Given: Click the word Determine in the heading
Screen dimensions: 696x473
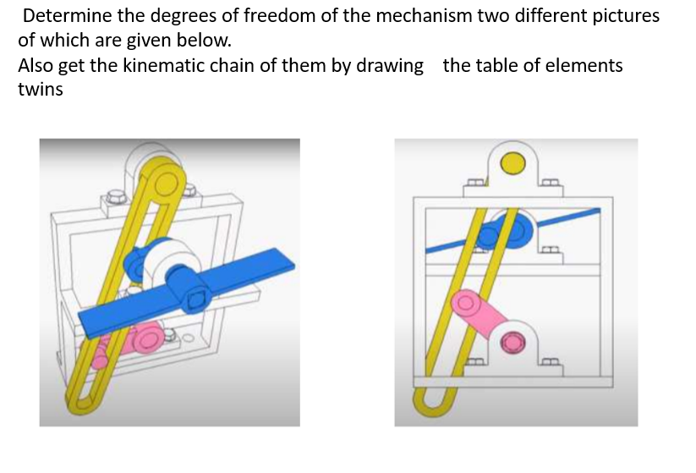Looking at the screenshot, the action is (x=68, y=16).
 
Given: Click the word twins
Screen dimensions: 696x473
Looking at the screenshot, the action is (x=41, y=90).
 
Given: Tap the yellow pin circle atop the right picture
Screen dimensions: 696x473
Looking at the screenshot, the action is (x=513, y=163).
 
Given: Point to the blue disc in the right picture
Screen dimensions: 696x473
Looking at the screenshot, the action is (x=510, y=229).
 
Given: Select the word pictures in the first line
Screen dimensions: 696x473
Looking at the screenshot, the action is (x=621, y=16).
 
